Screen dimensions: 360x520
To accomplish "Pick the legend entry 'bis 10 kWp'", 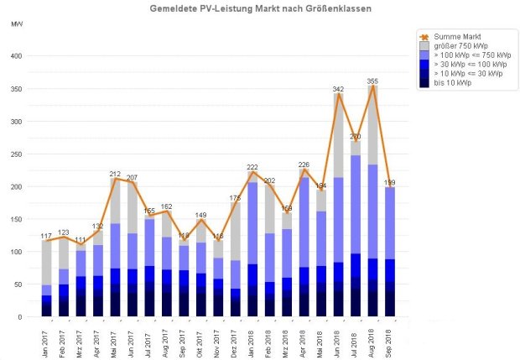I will pyautogui.click(x=452, y=82).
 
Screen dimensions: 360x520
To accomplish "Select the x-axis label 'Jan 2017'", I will pyautogui.click(x=47, y=340).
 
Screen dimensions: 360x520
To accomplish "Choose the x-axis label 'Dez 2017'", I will pyautogui.click(x=236, y=340).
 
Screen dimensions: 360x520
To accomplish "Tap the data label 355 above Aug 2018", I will pyautogui.click(x=372, y=81).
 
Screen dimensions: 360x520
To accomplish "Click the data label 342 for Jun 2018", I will pyautogui.click(x=338, y=89).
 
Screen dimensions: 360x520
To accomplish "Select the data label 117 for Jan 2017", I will pyautogui.click(x=46, y=236).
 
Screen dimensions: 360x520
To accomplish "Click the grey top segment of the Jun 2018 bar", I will pyautogui.click(x=338, y=134).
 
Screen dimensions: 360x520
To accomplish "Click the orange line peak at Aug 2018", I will pyautogui.click(x=372, y=86).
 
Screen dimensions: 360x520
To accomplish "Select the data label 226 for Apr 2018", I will pyautogui.click(x=304, y=164).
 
